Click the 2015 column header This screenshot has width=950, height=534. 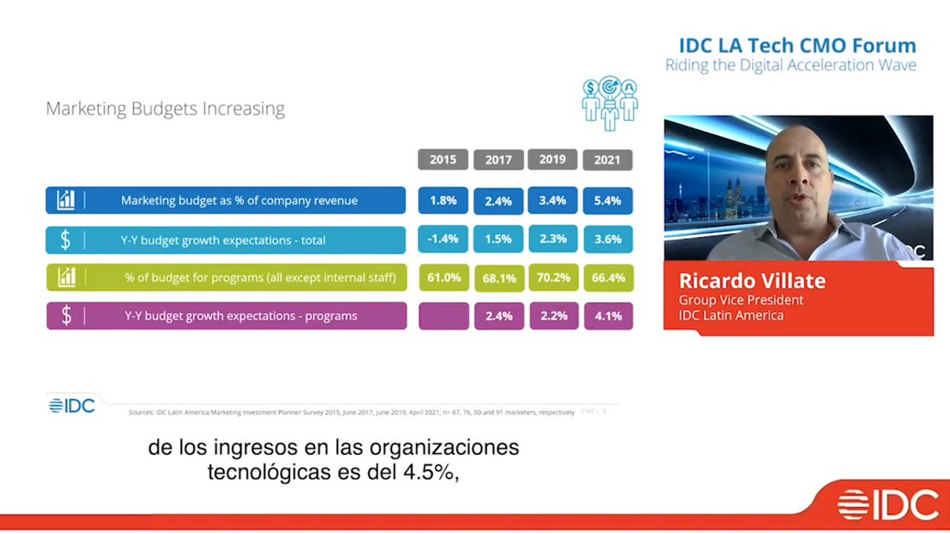coord(443,160)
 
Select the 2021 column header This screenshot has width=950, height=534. coord(607,160)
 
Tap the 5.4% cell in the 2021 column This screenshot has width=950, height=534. coord(607,201)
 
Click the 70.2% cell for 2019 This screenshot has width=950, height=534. coord(553,278)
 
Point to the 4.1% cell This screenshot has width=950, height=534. coord(607,316)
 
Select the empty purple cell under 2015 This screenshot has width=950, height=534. coord(443,316)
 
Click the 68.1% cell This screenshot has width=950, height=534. coord(498,278)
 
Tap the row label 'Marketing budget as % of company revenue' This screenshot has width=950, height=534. coord(239,201)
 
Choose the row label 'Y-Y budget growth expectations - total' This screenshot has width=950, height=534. coord(224,240)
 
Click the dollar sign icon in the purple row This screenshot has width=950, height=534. coord(66,316)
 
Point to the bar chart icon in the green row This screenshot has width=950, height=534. coord(66,278)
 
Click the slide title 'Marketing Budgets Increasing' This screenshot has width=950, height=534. coord(165,108)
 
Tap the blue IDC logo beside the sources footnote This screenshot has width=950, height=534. coord(71,406)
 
